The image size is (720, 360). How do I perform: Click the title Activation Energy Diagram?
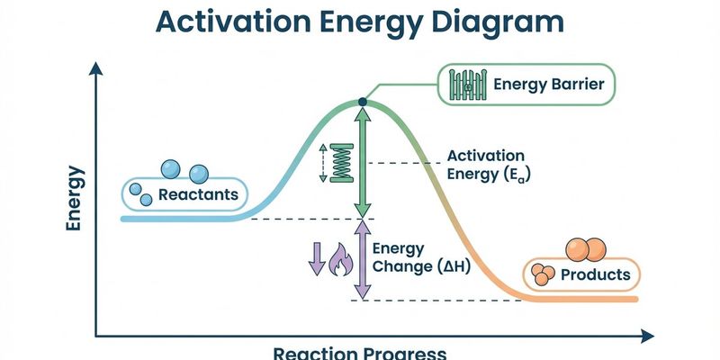(x=360, y=22)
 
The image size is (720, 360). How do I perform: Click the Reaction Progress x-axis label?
(x=359, y=352)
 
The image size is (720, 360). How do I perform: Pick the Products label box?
(x=582, y=274)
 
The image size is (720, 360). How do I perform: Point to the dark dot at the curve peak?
(x=362, y=103)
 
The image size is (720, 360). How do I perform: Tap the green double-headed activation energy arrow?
(x=362, y=162)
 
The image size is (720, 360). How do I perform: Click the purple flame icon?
(x=341, y=260)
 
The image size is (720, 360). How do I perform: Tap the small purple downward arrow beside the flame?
(x=316, y=259)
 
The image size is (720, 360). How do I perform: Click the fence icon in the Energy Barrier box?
(x=467, y=85)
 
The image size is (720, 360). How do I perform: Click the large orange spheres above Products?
(x=583, y=248)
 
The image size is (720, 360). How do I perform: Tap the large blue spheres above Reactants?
(x=184, y=170)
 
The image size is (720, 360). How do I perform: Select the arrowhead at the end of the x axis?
(x=647, y=337)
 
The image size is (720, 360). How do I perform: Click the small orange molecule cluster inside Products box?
(x=543, y=274)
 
